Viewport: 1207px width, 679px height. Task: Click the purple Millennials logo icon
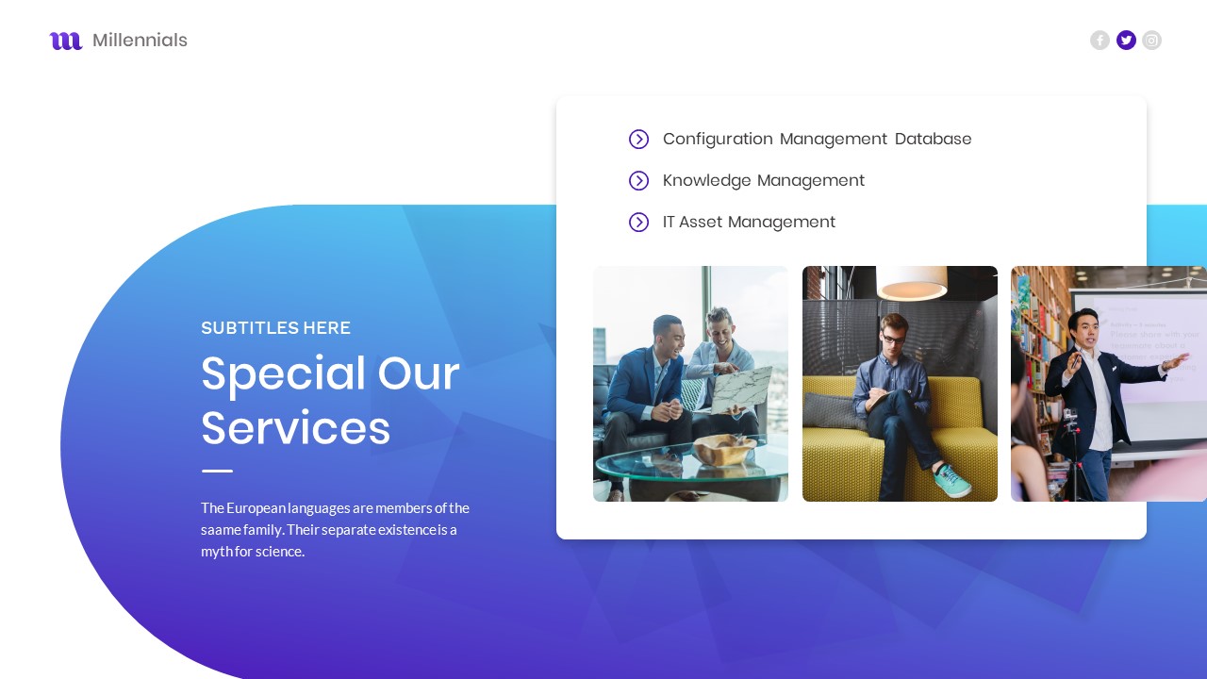coord(66,41)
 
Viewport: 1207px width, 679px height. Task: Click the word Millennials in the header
coord(140,41)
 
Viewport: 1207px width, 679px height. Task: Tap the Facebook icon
coord(1100,40)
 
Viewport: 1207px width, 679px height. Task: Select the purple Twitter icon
coord(1126,40)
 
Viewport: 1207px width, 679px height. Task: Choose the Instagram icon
coord(1151,40)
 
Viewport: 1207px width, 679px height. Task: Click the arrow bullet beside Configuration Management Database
coord(638,140)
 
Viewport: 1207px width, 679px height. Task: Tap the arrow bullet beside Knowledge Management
coord(638,181)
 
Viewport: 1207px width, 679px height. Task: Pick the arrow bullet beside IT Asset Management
coord(638,223)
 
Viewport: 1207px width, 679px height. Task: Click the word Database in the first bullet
coord(933,140)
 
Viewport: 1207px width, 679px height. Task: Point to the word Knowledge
coord(706,181)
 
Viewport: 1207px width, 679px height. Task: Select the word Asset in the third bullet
coord(700,223)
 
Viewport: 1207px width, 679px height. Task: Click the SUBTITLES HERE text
coord(275,328)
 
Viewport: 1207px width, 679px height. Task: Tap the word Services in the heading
coord(295,428)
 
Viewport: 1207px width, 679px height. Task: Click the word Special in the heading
coord(283,373)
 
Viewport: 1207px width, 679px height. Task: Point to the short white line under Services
coord(217,471)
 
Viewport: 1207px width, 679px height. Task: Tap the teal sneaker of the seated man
coord(951,481)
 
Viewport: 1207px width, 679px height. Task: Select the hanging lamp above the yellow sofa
coord(912,282)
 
